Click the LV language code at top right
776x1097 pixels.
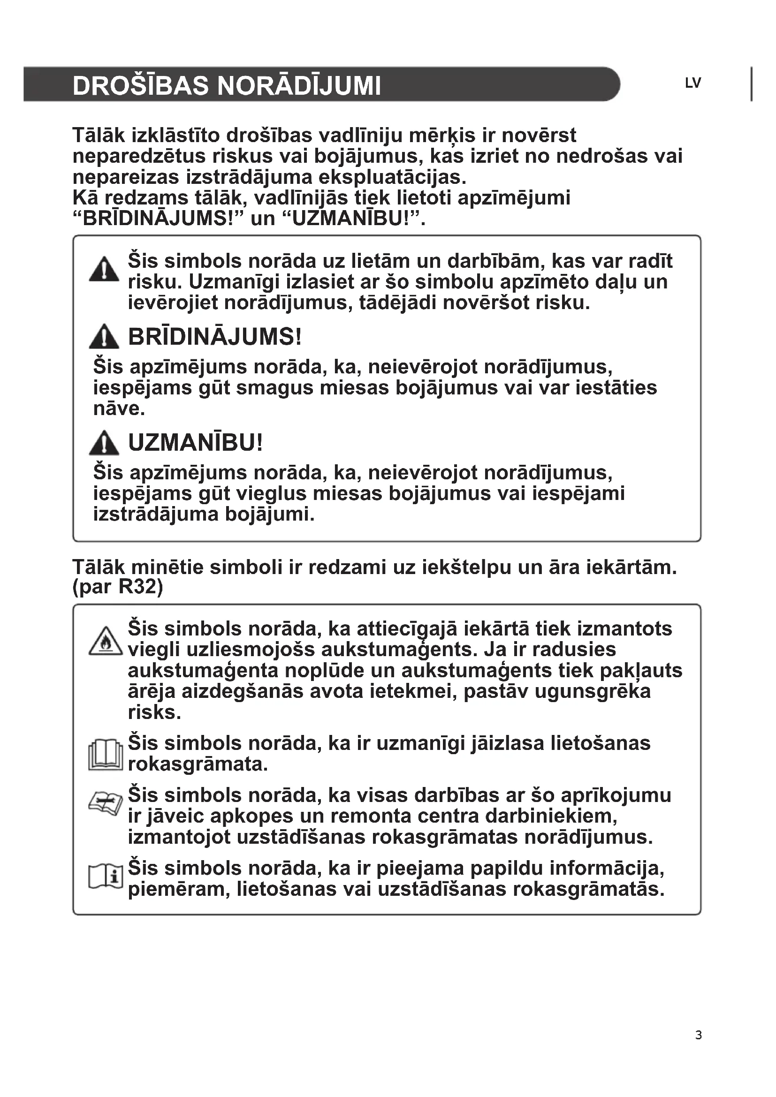click(x=692, y=83)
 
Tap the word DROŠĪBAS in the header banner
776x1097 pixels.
click(x=141, y=86)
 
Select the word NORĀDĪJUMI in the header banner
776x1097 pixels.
click(x=299, y=86)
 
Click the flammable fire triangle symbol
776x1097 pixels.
click(x=106, y=641)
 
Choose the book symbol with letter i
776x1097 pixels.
click(x=106, y=877)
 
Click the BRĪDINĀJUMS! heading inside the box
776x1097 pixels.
click(x=215, y=337)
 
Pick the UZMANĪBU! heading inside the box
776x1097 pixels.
click(x=196, y=443)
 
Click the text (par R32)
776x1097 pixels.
click(x=118, y=587)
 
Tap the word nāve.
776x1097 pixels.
click(x=119, y=409)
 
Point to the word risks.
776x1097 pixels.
click(x=154, y=712)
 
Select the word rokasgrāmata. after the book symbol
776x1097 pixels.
click(x=198, y=764)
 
